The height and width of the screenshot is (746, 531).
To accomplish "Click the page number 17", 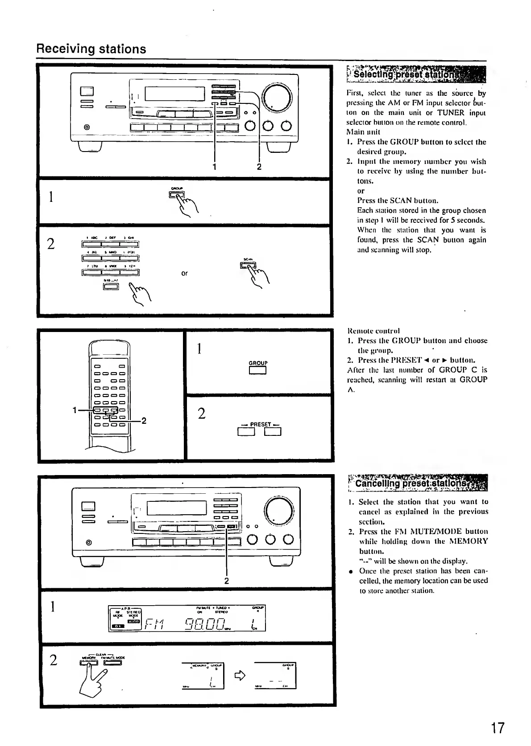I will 498,728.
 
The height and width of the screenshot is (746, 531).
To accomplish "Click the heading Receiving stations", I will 91,49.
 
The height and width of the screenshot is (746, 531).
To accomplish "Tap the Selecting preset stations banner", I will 416,74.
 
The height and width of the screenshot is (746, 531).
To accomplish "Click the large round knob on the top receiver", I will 278,98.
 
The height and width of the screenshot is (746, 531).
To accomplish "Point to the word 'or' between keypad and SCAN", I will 184,273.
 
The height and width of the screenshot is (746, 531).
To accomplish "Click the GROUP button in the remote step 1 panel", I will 257,370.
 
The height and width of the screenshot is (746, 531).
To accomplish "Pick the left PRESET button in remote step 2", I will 246,431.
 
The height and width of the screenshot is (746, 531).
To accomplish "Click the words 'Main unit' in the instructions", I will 361,132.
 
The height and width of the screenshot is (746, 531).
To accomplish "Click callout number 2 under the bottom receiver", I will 226,581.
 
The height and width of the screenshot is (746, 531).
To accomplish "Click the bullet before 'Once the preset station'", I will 352,571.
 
